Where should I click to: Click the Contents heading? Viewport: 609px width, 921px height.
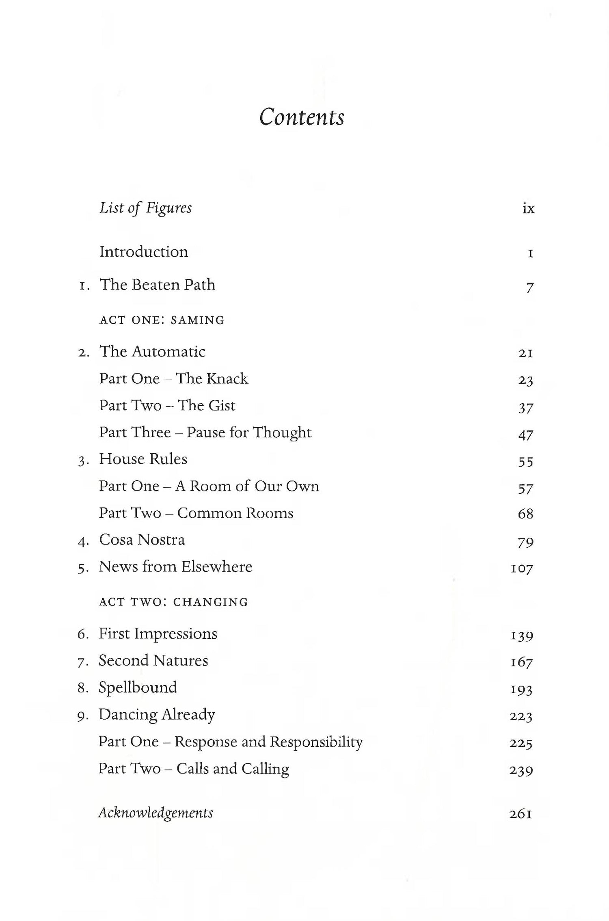(302, 117)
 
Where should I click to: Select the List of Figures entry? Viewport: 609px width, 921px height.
(145, 208)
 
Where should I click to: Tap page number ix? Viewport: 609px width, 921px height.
(528, 209)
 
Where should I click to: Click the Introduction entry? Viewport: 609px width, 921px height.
(144, 252)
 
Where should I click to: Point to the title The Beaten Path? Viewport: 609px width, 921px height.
(157, 285)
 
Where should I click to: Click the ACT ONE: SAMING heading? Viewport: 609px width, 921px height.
(162, 320)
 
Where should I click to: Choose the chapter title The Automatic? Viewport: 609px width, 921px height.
(152, 352)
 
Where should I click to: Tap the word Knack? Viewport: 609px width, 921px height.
(227, 378)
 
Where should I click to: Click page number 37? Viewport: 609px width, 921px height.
(525, 407)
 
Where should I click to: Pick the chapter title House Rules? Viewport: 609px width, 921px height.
(143, 459)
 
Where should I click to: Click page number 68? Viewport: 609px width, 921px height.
(525, 514)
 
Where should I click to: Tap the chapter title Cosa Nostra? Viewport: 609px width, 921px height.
(142, 540)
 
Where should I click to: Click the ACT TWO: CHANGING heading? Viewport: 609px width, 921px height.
(173, 602)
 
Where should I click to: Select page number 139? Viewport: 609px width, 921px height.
(522, 635)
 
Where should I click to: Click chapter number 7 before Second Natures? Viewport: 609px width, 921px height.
(81, 662)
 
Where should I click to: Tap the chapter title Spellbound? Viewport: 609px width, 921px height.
(138, 688)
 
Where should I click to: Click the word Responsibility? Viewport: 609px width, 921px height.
(316, 742)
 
